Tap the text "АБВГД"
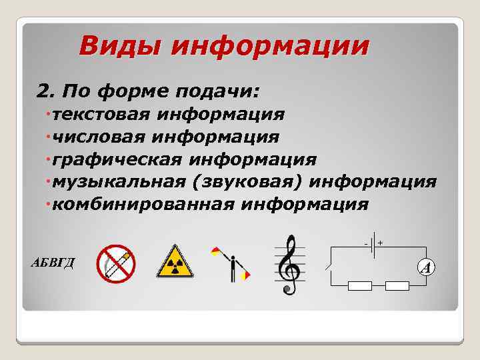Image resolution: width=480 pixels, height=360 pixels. pyautogui.click(x=53, y=261)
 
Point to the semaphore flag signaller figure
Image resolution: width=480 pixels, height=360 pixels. pyautogui.click(x=231, y=263)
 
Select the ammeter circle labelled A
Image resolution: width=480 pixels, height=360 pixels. pyautogui.click(x=427, y=267)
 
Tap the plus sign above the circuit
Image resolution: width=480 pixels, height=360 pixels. pyautogui.click(x=380, y=243)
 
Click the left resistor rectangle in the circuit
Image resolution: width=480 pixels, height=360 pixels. pyautogui.click(x=360, y=286)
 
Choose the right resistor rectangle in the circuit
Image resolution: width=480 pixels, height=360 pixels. pyautogui.click(x=397, y=286)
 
